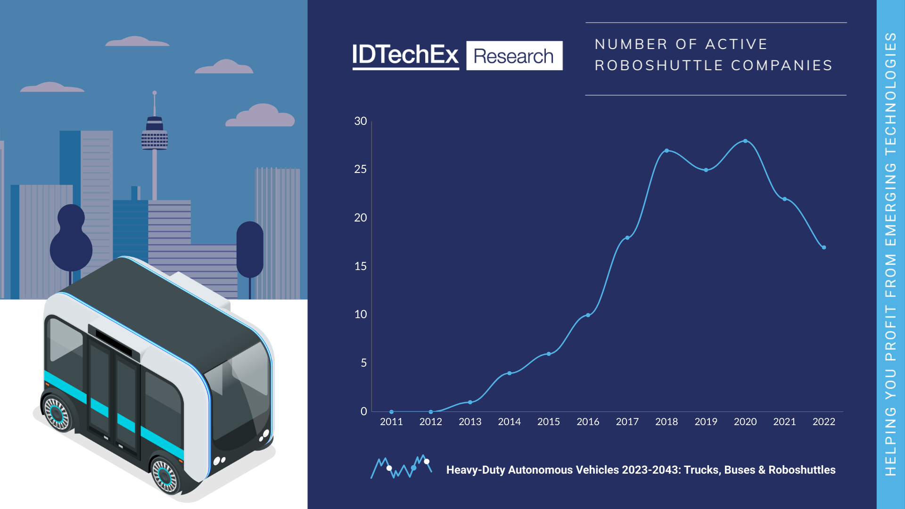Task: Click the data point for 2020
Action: point(745,141)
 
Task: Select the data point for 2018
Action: point(666,151)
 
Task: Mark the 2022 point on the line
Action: point(824,247)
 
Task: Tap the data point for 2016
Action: point(588,315)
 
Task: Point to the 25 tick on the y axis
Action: point(360,169)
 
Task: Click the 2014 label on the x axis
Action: point(509,422)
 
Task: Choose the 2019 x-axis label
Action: point(706,422)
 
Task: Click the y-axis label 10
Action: point(360,314)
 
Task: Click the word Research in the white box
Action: point(514,56)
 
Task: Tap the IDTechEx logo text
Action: point(405,55)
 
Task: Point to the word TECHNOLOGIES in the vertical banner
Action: point(890,94)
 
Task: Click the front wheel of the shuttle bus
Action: point(165,475)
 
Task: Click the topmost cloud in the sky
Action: point(136,41)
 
